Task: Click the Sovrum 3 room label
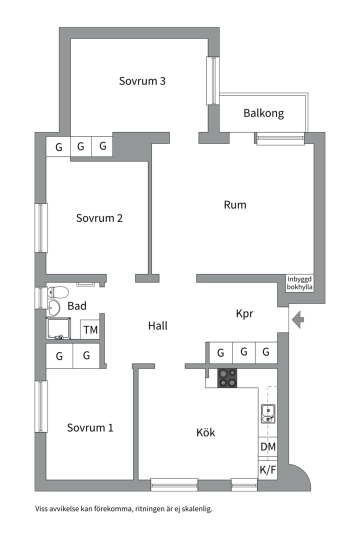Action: (142, 81)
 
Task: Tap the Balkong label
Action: (263, 113)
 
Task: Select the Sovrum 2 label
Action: (99, 218)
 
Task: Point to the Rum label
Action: (235, 204)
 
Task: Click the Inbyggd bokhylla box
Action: (300, 283)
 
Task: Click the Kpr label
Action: (244, 314)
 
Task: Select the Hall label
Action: (157, 326)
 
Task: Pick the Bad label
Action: (77, 306)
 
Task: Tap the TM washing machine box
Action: (90, 330)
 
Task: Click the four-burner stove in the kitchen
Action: (227, 377)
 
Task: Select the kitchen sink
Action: (267, 413)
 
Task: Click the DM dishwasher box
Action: (267, 446)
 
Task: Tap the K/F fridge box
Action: (267, 469)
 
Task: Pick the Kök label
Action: (205, 432)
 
